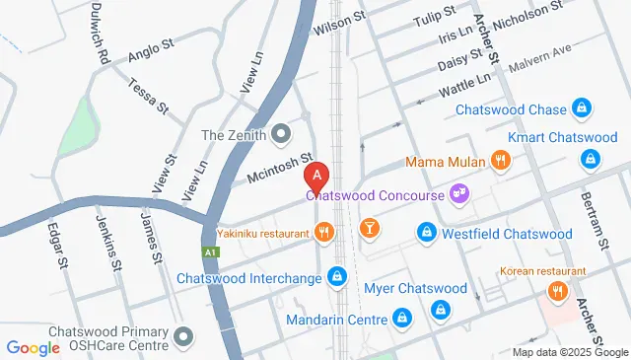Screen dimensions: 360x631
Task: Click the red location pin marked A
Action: tap(316, 178)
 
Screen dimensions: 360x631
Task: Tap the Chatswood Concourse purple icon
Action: tap(458, 194)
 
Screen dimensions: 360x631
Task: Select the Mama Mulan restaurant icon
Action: tap(501, 161)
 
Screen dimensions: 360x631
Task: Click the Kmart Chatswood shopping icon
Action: tap(590, 158)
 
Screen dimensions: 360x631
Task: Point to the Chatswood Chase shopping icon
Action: tap(583, 109)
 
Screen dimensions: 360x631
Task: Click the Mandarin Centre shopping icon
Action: tap(401, 319)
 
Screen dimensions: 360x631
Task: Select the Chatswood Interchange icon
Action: tap(338, 277)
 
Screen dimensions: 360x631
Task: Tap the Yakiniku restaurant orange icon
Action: tap(323, 233)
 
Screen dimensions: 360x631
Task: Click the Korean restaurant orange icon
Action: tap(558, 292)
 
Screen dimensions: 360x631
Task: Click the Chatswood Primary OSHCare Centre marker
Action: tap(182, 339)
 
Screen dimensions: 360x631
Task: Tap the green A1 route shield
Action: tap(210, 252)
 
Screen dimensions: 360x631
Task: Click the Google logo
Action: tap(34, 348)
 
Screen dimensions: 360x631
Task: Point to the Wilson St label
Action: tap(340, 24)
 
